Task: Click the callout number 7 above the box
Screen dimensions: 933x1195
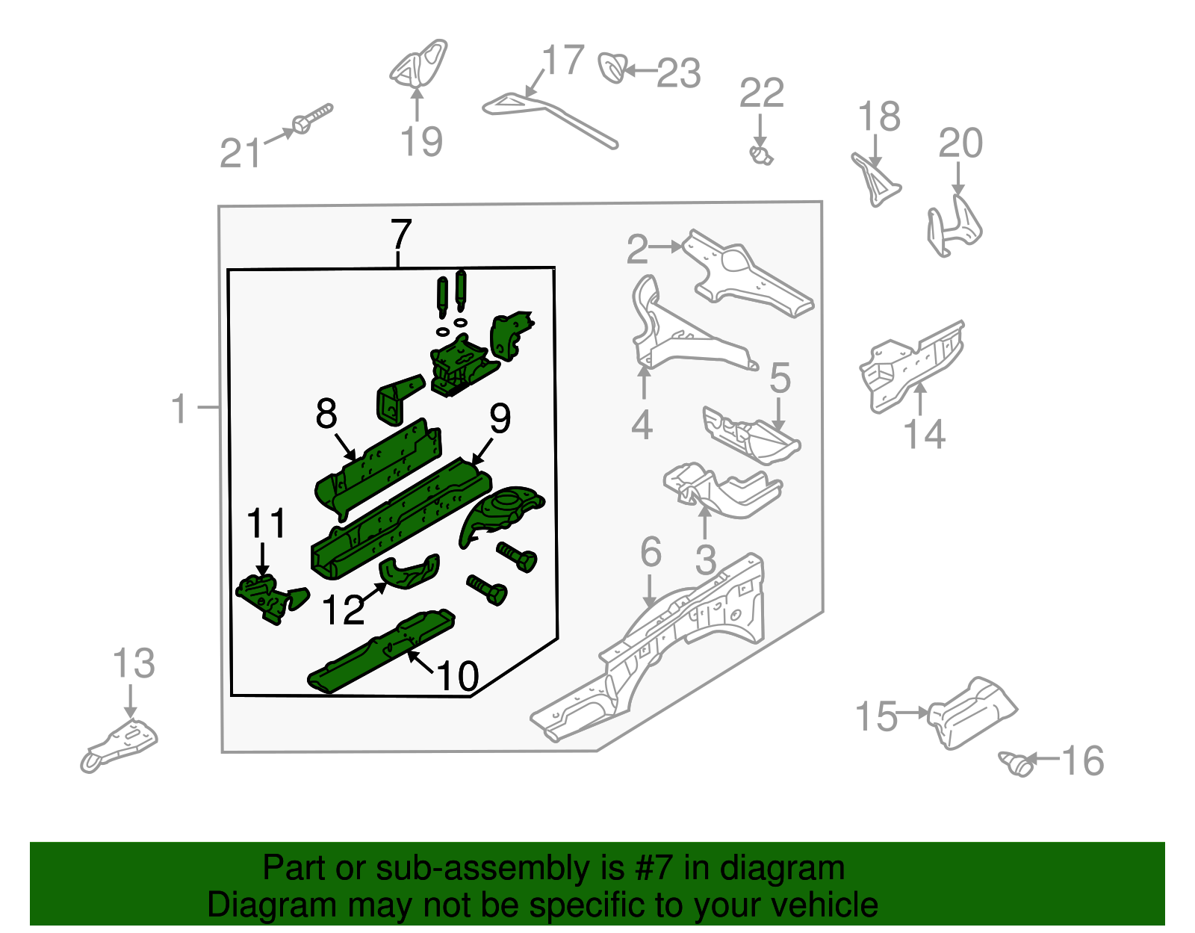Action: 401,235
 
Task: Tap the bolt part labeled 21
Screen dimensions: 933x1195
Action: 311,120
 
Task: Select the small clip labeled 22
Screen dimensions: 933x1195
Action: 761,155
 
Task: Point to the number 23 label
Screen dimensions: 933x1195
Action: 678,73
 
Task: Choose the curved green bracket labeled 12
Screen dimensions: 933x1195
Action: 409,572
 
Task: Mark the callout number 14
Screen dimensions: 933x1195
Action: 925,434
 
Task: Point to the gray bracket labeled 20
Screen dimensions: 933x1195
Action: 954,225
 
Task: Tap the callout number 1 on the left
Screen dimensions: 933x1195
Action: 179,409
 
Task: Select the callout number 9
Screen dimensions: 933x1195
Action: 500,418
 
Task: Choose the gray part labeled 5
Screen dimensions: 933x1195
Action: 751,435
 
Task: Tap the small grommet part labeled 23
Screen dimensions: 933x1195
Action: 612,68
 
